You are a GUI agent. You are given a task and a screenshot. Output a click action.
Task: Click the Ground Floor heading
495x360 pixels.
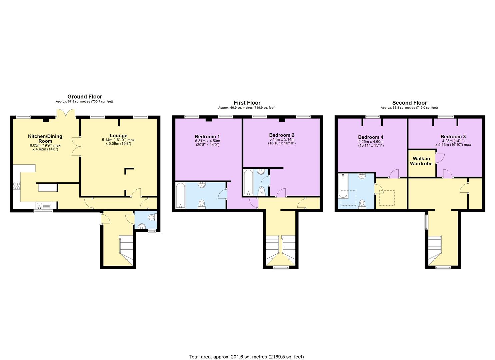[x=85, y=97]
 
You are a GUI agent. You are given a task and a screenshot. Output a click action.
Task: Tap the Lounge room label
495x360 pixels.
[x=119, y=136]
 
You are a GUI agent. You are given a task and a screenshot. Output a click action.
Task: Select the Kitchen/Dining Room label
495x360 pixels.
[x=45, y=138]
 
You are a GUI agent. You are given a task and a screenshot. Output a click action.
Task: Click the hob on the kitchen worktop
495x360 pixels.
[x=16, y=186]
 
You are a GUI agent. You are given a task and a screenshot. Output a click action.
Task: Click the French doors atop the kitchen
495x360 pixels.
[x=66, y=114]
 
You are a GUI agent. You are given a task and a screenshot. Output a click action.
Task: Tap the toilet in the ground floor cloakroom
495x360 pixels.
[x=152, y=217]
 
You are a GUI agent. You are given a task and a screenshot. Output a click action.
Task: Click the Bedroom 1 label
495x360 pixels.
[x=207, y=137]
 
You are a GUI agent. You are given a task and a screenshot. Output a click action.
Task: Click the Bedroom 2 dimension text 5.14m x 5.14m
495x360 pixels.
[x=282, y=140]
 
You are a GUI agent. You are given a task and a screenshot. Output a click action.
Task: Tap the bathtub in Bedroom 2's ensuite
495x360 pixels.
[x=249, y=183]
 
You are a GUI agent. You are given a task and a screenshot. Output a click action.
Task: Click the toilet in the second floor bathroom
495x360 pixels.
[x=362, y=203]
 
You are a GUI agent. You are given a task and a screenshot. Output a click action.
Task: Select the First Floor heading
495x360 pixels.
[x=247, y=103]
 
